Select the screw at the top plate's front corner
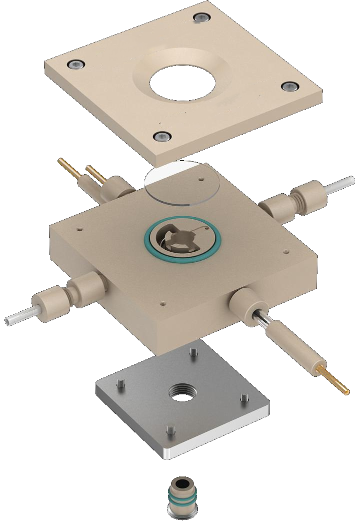click(161, 136)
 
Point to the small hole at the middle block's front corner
click(161, 303)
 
